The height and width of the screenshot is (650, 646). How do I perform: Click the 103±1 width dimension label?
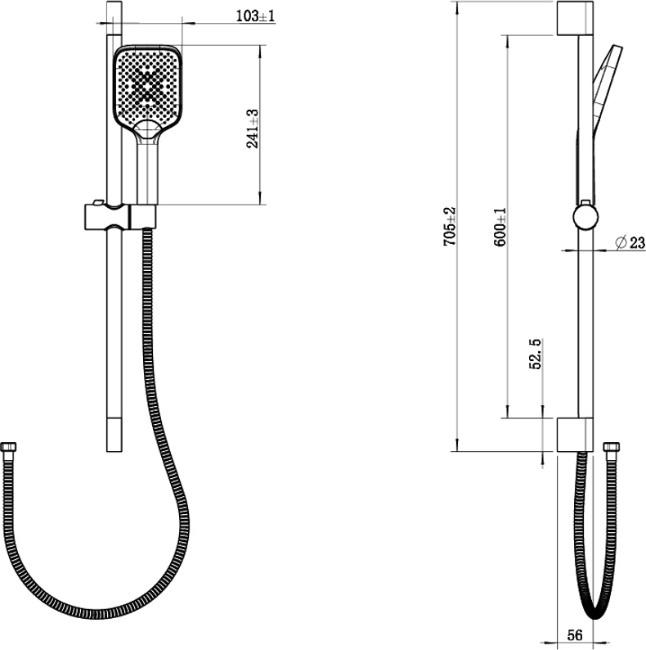pyautogui.click(x=255, y=16)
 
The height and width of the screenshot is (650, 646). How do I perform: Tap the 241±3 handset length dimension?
pyautogui.click(x=252, y=129)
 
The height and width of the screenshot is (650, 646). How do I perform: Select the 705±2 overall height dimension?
pyautogui.click(x=449, y=226)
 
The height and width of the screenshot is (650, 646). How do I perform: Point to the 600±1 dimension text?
pyautogui.click(x=500, y=227)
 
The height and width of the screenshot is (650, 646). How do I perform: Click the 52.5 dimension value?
pyautogui.click(x=535, y=354)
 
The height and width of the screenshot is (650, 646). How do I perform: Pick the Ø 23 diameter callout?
pyautogui.click(x=630, y=242)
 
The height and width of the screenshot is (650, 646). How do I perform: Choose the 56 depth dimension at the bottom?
pyautogui.click(x=575, y=634)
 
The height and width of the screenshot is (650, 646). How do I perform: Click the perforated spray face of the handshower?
pyautogui.click(x=147, y=86)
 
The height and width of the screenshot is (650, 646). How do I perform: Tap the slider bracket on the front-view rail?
pyautogui.click(x=120, y=216)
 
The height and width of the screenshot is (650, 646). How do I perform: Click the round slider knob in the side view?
pyautogui.click(x=585, y=217)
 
